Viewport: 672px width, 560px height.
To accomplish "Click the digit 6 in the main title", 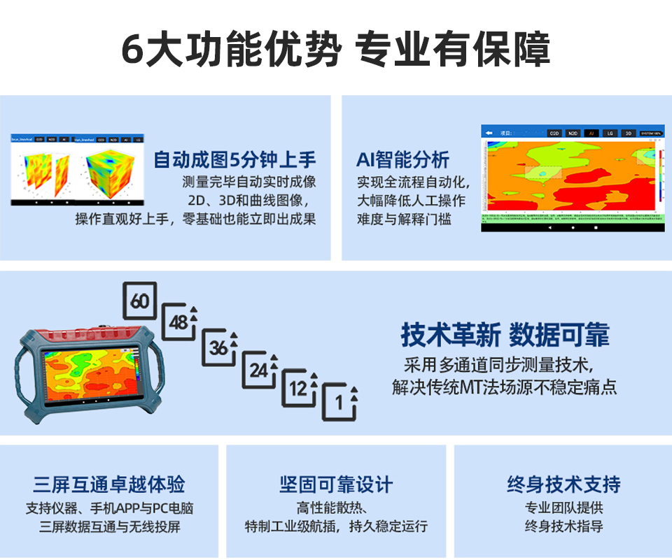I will (133, 50).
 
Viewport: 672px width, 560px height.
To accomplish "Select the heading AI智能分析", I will (402, 160).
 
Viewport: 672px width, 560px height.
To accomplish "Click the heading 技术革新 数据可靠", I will (505, 335).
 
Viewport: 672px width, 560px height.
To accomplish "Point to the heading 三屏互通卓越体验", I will (109, 484).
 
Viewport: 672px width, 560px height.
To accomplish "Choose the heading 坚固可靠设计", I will (336, 484).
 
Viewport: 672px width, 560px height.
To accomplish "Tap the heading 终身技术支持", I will (563, 484).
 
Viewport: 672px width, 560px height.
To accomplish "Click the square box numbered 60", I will (140, 301).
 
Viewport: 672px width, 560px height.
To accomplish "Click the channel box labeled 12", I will (300, 389).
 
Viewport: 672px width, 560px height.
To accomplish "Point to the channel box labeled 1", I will (339, 402).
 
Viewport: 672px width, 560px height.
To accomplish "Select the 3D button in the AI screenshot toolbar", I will (628, 132).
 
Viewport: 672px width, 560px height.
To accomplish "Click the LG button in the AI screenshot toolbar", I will (610, 132).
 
